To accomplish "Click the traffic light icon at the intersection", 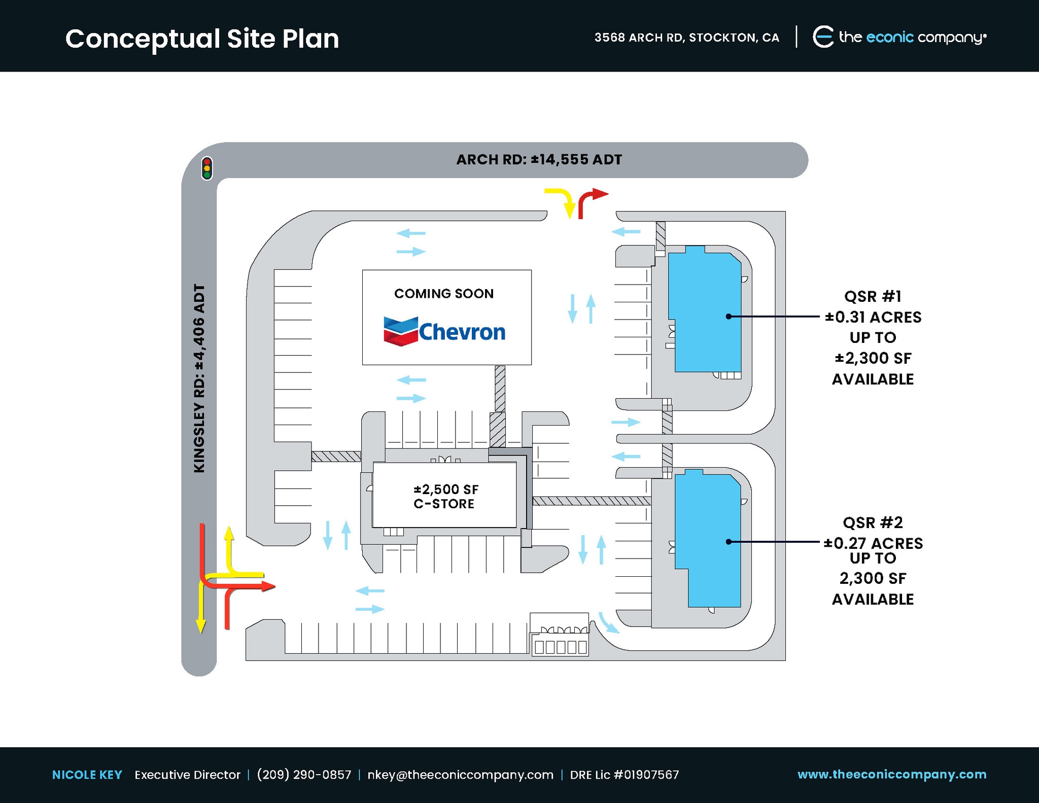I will [206, 168].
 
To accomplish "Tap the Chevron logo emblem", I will [400, 331].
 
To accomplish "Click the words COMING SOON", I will [443, 294].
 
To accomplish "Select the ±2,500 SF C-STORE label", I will [445, 497].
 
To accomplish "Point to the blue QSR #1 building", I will [705, 312].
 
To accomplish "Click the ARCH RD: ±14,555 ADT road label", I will [539, 160].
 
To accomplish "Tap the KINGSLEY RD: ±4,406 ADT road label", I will [199, 378].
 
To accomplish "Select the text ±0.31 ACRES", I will [873, 318].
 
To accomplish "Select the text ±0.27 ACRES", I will [873, 543].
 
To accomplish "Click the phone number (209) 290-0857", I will [304, 775].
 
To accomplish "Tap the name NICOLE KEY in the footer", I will [87, 775].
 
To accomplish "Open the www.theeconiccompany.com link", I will [891, 774].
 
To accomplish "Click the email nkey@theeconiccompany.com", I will [460, 775].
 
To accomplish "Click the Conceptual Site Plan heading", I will [202, 39].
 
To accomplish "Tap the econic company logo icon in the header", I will [823, 37].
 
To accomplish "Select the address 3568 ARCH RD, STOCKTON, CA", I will [686, 38].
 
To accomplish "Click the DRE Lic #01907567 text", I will [624, 775].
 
